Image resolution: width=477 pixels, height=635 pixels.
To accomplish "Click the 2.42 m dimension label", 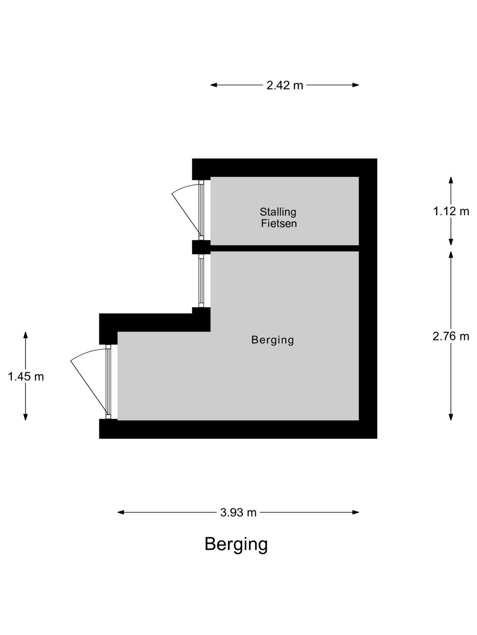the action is [285, 85].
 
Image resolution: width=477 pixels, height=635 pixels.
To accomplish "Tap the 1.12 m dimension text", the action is [451, 211].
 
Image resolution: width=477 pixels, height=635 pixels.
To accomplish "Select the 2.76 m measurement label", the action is [451, 336].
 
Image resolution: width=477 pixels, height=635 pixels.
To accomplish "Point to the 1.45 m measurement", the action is [26, 376].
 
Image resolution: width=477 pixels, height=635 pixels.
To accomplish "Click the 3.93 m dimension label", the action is [238, 512].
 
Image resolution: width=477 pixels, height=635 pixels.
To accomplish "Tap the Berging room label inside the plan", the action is [273, 340].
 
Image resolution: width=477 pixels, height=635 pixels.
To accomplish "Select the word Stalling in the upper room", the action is [278, 212].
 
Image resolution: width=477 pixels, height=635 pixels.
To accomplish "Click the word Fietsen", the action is [279, 224].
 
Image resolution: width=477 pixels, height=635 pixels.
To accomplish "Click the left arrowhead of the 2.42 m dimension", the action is [214, 85].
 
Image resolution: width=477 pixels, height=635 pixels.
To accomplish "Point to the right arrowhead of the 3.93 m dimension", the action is [356, 512].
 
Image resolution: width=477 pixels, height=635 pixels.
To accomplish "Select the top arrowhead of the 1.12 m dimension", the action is [451, 180].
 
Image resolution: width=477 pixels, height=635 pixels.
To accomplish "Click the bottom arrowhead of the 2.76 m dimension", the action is [451, 417].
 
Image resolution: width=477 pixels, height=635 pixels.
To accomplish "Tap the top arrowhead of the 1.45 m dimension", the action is [26, 335].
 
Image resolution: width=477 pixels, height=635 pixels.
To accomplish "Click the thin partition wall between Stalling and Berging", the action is [285, 248].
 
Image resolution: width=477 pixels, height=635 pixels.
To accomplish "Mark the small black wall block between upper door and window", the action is [201, 247].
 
